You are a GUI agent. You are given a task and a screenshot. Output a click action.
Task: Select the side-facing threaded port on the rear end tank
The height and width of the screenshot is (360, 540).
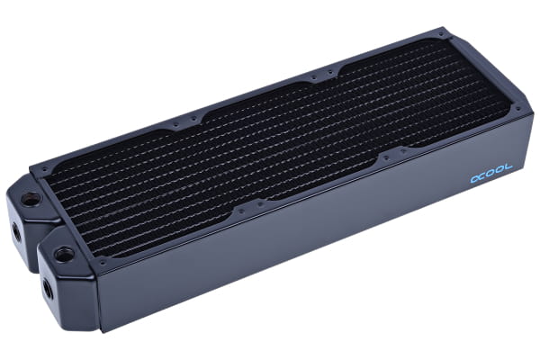[x=16, y=231]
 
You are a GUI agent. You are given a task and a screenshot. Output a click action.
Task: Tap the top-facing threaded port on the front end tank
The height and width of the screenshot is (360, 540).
[x=66, y=255]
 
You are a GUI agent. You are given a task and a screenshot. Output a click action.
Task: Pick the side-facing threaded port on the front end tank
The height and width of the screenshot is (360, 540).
[x=46, y=290]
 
